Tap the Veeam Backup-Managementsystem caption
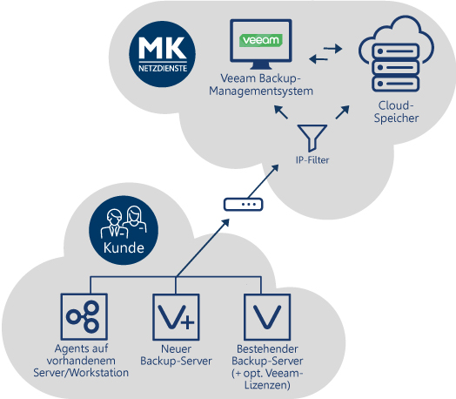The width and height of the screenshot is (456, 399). tap(260, 85)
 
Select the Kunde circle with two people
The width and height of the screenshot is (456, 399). tap(121, 227)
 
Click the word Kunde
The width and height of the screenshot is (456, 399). tap(121, 247)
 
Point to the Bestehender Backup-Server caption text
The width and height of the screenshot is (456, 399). tap(266, 366)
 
